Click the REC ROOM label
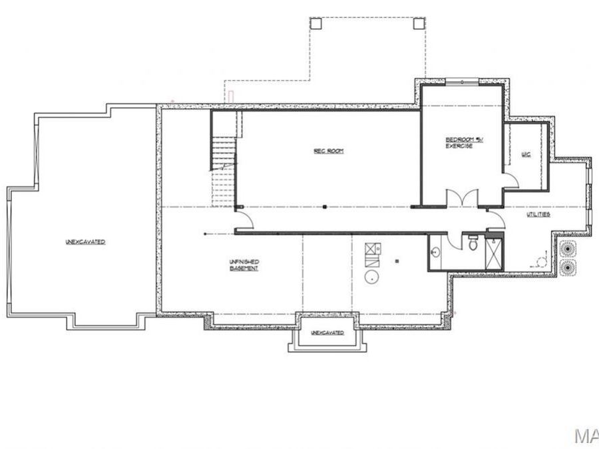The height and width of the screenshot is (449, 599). click(x=328, y=151)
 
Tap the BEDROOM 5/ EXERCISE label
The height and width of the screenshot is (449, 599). click(x=459, y=142)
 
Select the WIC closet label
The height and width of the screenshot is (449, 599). click(x=526, y=155)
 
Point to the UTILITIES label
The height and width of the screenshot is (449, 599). click(x=538, y=215)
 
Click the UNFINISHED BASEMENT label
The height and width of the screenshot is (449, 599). click(x=244, y=265)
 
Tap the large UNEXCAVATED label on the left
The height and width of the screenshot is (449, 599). click(x=85, y=242)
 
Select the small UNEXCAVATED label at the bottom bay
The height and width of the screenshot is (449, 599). click(x=327, y=332)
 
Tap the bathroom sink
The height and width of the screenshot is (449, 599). click(x=435, y=252)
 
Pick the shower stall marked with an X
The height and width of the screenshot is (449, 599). click(x=494, y=253)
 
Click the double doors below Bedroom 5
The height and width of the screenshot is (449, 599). click(x=461, y=198)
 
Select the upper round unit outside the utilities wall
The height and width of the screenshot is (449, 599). click(x=568, y=248)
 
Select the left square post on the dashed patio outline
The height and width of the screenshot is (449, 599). click(x=316, y=23)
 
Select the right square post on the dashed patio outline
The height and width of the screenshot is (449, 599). click(x=418, y=23)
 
